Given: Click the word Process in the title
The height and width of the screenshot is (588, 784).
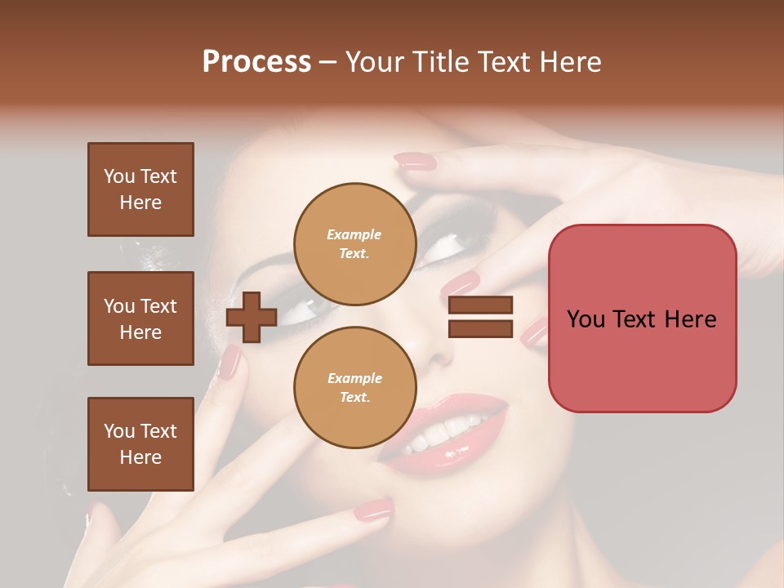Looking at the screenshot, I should click(256, 62).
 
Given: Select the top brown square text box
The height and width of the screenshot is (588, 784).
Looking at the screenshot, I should click(140, 189).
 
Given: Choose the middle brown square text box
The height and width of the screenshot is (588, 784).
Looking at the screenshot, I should click(140, 318).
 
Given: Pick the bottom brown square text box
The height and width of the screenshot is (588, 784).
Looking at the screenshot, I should click(140, 443).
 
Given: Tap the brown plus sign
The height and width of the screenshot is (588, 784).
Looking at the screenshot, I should click(252, 318).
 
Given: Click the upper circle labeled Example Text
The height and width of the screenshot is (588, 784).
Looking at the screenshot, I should click(354, 243).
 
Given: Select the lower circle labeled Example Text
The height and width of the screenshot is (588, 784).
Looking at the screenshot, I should click(354, 387).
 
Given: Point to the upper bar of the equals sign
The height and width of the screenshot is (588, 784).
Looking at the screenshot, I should click(480, 305).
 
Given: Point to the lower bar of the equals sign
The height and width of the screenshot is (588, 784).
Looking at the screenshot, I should click(480, 328).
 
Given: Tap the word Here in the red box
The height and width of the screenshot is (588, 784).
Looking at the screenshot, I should click(690, 318).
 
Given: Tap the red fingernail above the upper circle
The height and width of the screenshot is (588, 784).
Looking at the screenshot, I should click(415, 162).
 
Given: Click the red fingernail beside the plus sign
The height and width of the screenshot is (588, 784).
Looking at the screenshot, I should click(230, 362).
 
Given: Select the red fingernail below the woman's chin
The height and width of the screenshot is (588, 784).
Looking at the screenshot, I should click(372, 510).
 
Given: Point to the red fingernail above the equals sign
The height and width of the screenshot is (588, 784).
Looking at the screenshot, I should click(460, 284).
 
